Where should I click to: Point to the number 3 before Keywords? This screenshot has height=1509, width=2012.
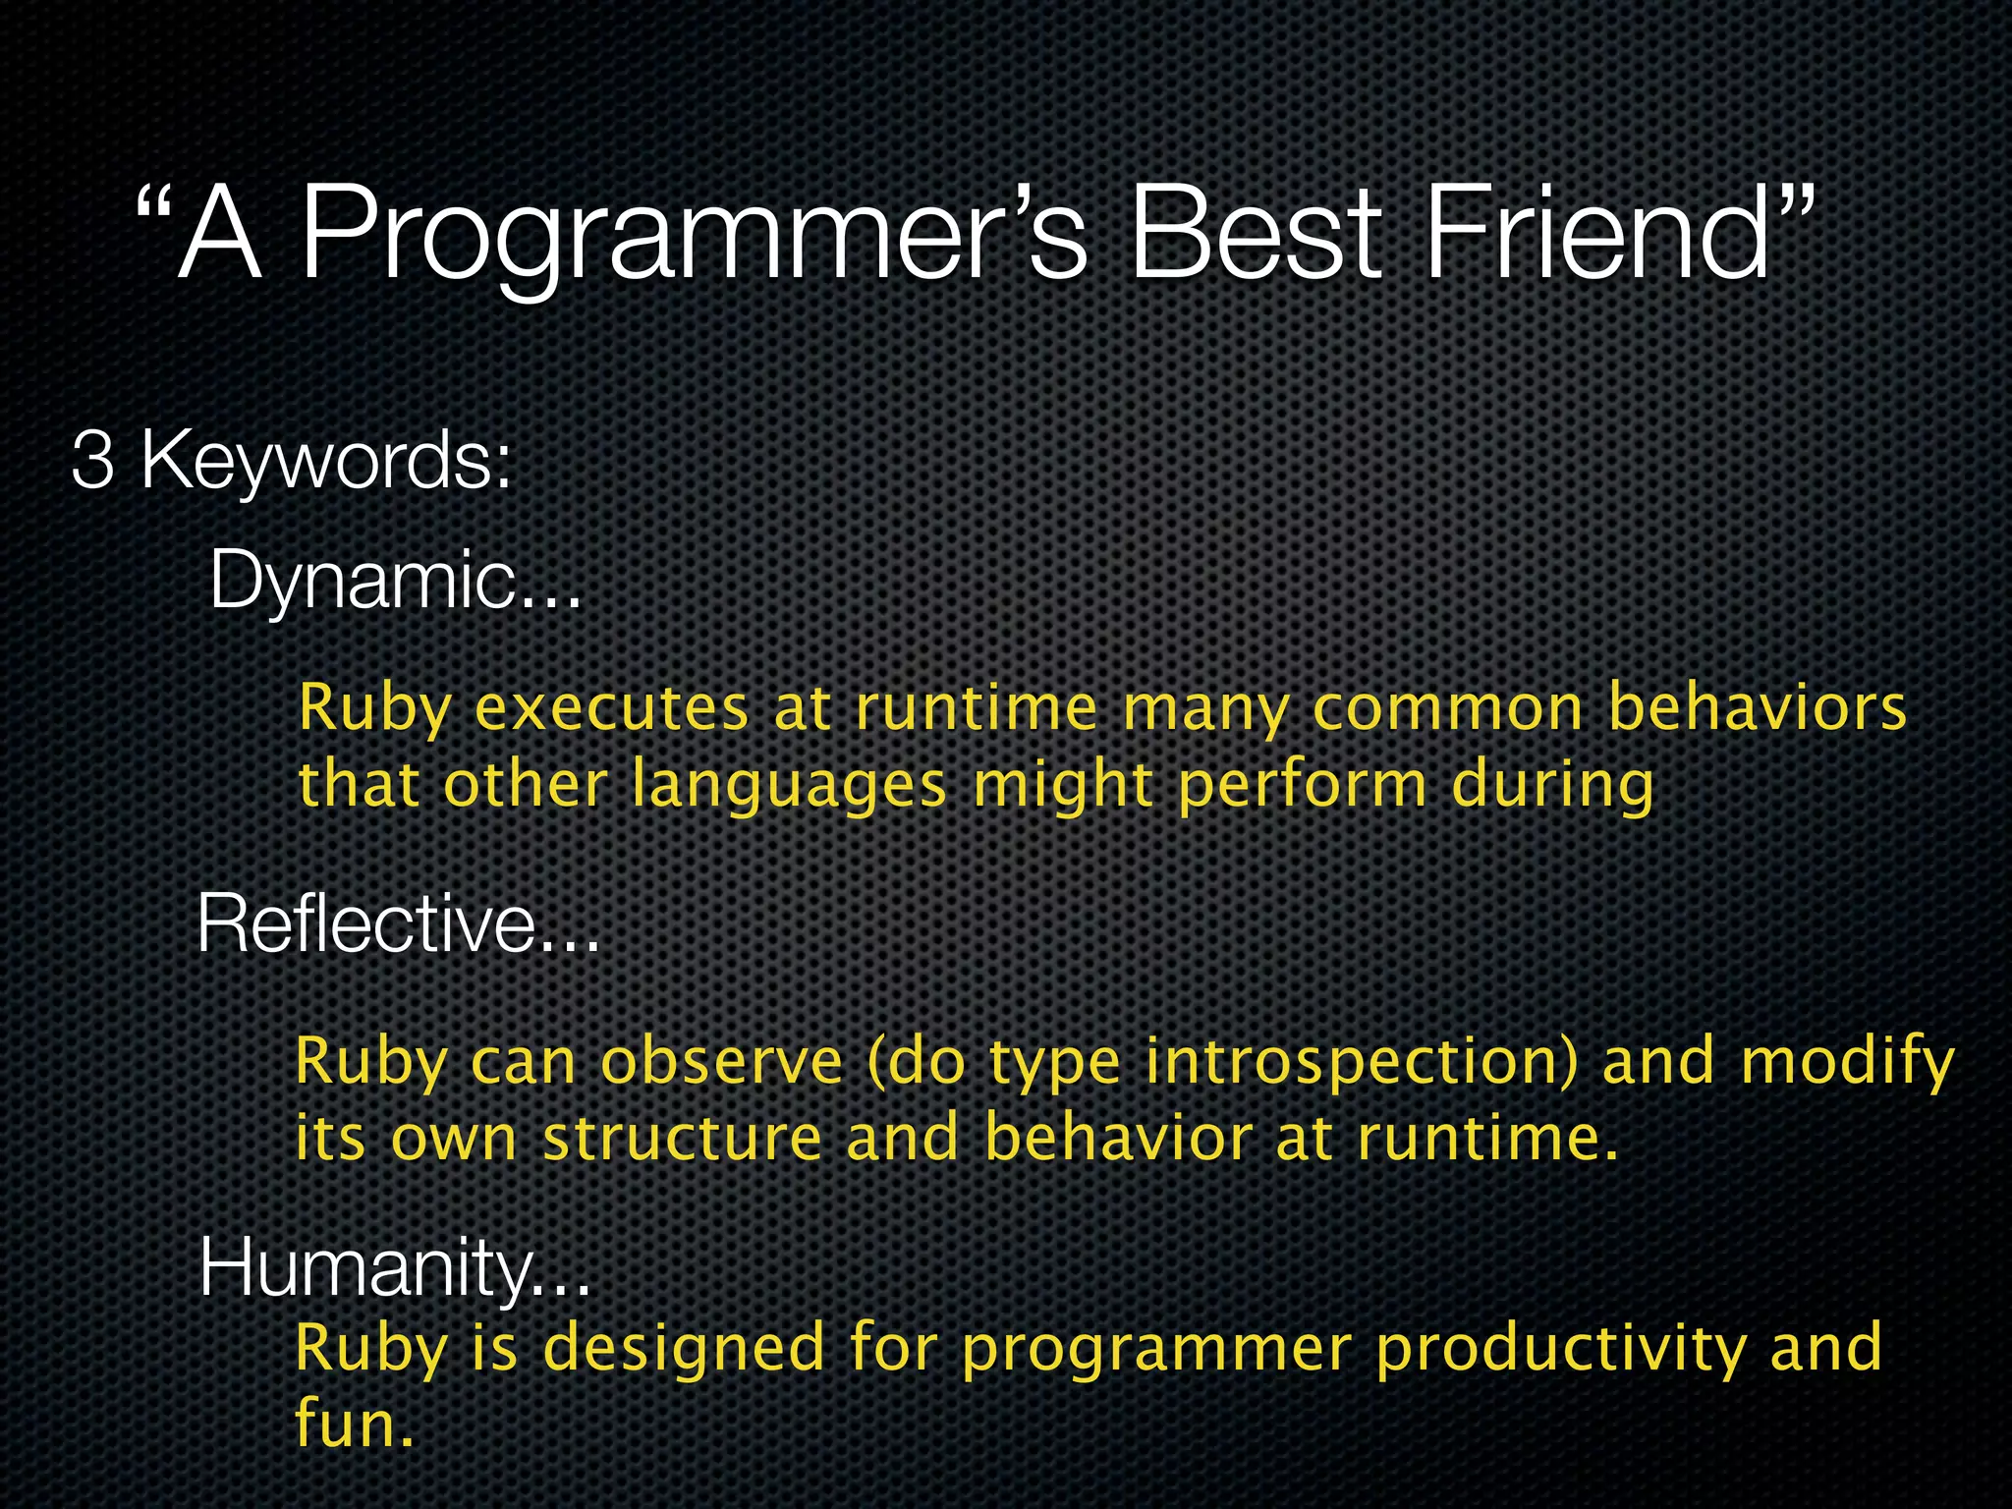(x=92, y=460)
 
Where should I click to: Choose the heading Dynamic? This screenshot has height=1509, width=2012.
(x=393, y=580)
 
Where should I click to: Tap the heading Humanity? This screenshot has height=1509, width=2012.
(x=393, y=1267)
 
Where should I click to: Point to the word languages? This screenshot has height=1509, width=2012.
(x=789, y=786)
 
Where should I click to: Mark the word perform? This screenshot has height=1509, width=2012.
(x=1302, y=786)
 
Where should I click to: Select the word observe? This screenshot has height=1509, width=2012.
(x=722, y=1062)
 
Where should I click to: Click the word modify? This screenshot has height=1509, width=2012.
(x=1847, y=1062)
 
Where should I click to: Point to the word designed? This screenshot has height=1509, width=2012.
(x=684, y=1348)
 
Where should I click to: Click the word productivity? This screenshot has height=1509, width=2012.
(x=1559, y=1348)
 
